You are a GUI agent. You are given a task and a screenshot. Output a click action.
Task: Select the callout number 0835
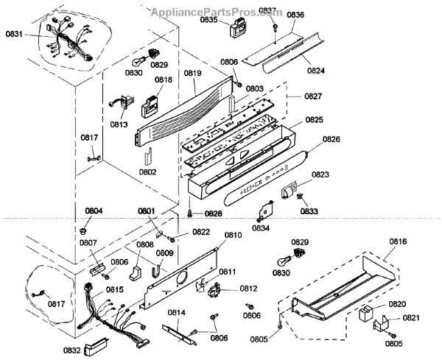(x=209, y=20)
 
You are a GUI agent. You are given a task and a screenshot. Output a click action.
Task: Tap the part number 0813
(x=120, y=124)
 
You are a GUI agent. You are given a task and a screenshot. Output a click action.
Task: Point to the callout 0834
(x=262, y=227)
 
